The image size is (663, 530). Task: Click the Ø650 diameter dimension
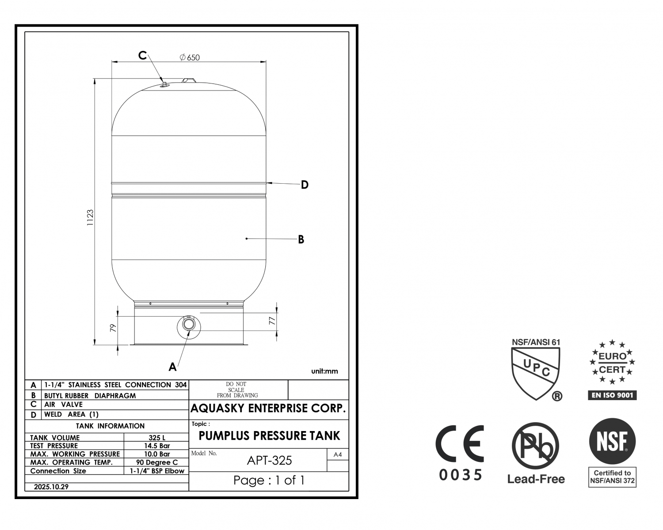coord(190,57)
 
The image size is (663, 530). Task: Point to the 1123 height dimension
coord(90,218)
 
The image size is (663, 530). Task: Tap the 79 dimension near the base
coord(113,328)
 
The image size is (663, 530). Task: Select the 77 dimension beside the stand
coord(272,321)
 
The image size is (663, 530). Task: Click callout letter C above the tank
coord(142,56)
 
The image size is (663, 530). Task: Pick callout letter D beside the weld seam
coord(305,185)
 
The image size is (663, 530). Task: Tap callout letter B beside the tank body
coord(301,239)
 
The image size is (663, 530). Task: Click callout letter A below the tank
coord(172,367)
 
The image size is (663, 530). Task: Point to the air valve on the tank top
coord(164,84)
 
